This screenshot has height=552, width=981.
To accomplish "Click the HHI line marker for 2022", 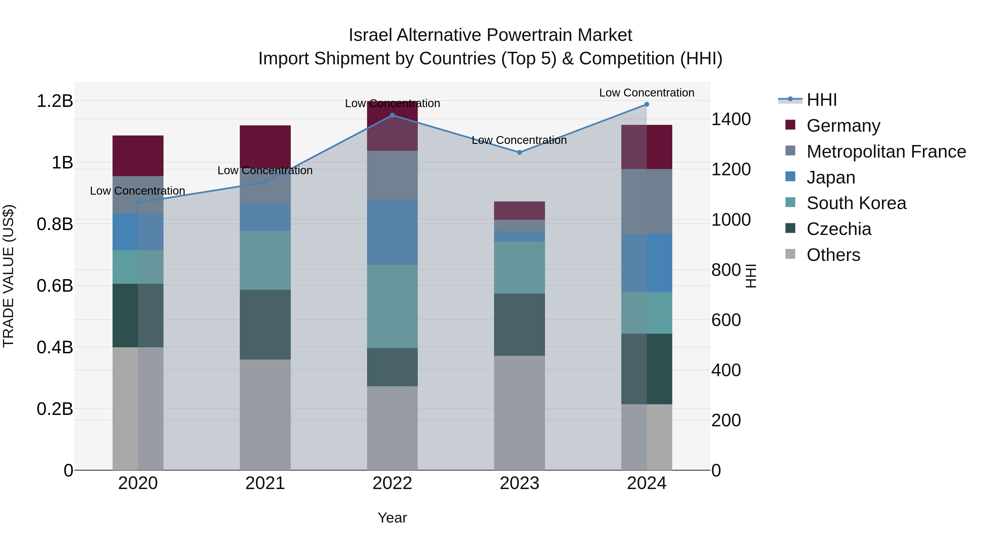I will click(392, 115).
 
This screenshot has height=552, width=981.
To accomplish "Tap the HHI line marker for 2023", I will click(519, 152).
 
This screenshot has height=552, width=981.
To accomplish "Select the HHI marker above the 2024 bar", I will click(647, 104).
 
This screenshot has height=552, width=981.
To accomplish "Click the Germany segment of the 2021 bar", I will click(265, 146).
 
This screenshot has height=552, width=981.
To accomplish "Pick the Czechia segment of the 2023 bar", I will click(519, 325).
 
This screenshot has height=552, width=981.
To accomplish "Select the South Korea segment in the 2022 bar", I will click(392, 306).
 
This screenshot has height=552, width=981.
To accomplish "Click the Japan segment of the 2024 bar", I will click(647, 263).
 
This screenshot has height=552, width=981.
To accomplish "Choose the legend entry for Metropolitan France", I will click(886, 152).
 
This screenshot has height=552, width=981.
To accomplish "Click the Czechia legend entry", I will click(838, 229).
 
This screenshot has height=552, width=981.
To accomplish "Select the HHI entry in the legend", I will click(821, 100).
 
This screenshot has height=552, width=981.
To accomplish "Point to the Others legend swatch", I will click(790, 254).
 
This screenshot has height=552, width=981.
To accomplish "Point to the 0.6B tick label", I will click(55, 286).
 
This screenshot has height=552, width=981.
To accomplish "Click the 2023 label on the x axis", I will click(519, 483).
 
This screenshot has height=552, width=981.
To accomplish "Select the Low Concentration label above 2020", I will click(138, 191).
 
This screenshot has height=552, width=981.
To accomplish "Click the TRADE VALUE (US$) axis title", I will click(8, 276).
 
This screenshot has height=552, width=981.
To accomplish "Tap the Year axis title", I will click(392, 518).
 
